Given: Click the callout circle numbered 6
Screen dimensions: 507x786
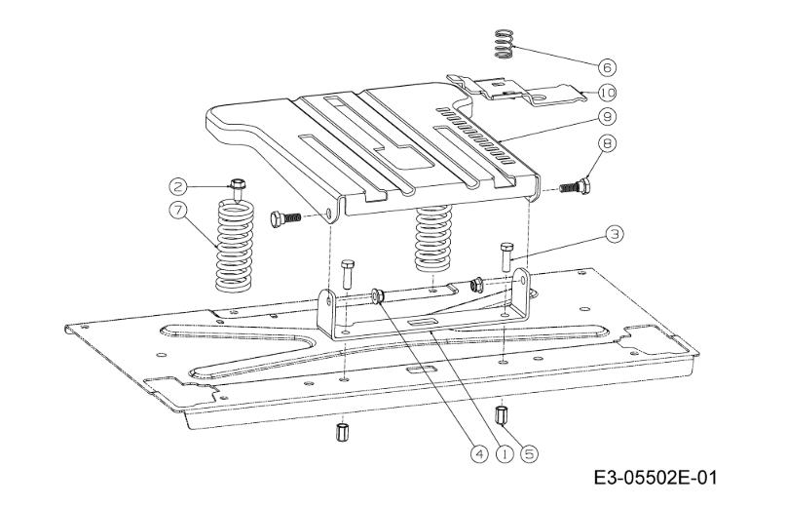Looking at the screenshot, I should point(607,67).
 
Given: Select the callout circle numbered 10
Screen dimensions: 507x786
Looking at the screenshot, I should point(607,93).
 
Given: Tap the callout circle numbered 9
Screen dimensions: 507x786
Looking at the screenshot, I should point(607,116).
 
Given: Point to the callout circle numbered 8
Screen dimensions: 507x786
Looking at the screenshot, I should point(607,143).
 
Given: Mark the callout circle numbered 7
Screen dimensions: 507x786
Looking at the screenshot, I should point(178,209).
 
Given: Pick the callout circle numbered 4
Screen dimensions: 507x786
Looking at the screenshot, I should point(479,452).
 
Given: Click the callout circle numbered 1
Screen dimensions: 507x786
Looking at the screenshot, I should point(505,452).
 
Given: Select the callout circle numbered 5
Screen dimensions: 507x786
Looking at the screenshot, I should point(530,452).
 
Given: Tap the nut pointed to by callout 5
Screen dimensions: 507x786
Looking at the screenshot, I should point(503,414).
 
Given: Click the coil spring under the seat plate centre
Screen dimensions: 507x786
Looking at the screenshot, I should point(434,239).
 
